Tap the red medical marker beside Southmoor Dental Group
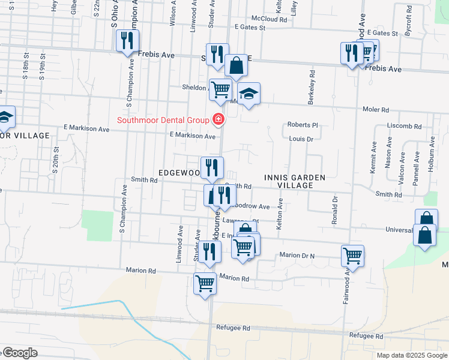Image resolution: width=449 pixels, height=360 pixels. tap(217, 120)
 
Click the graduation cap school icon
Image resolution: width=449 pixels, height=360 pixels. tap(249, 94)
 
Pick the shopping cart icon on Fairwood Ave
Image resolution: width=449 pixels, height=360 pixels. tap(352, 256)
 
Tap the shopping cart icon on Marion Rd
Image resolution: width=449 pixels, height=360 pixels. tap(205, 283)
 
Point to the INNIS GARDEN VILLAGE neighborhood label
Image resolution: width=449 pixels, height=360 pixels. tap(295, 181)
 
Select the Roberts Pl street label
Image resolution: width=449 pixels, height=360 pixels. tap(302, 125)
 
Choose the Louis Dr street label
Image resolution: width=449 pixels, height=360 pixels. tap(301, 139)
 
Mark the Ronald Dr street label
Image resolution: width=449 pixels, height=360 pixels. tap(335, 210)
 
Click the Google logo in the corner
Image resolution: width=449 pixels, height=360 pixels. tap(20, 353)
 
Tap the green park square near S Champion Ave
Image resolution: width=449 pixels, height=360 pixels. tap(97, 224)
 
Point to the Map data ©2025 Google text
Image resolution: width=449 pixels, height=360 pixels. tap(411, 355)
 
